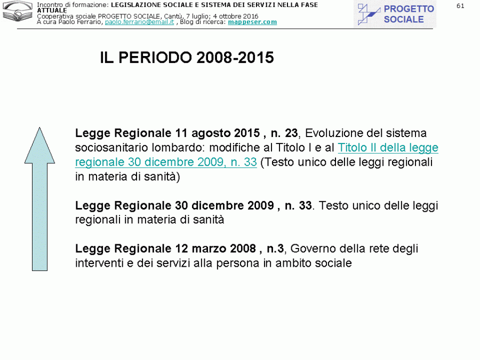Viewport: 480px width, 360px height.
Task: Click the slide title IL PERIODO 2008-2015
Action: [187, 58]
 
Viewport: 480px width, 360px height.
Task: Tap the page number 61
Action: [460, 6]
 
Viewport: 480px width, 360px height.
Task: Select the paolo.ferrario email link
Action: [139, 22]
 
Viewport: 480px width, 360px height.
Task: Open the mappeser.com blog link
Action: [252, 22]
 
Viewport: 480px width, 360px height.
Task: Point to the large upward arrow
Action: [40, 198]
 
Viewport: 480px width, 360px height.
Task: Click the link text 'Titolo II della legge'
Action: [388, 148]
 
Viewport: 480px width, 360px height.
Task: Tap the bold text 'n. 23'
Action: [284, 133]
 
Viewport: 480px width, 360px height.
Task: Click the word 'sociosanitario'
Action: [110, 148]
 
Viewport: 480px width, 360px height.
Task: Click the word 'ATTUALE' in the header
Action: [52, 11]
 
